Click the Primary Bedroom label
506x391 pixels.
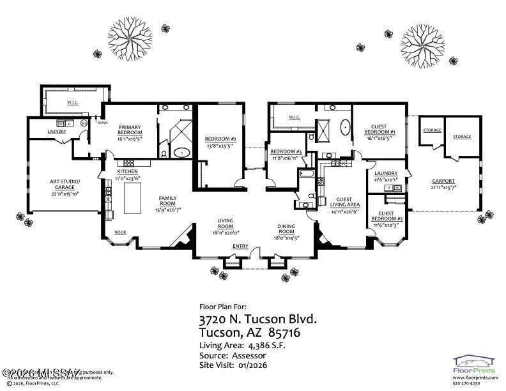click(x=134, y=131)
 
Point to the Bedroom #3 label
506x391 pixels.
click(x=286, y=151)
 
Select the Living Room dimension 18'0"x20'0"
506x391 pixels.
click(x=225, y=233)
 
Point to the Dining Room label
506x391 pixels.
click(x=286, y=229)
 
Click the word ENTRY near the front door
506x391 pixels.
click(x=240, y=246)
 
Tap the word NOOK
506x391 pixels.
click(x=120, y=233)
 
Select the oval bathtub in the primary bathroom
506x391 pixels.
click(x=182, y=153)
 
